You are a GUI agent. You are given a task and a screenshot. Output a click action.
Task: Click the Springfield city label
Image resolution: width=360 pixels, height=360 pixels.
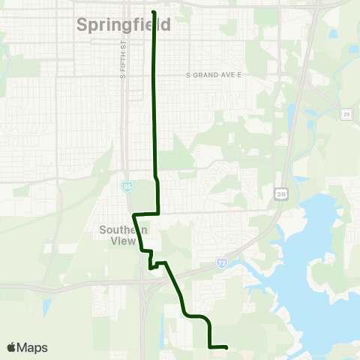pos(124,25)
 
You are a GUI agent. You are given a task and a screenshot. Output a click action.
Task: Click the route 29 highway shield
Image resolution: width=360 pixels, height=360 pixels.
pos(346,114)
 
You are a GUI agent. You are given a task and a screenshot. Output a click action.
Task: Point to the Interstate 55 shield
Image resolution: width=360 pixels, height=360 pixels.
pos(128,186)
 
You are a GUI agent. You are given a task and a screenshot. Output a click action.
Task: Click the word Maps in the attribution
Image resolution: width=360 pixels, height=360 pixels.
pos(32,347)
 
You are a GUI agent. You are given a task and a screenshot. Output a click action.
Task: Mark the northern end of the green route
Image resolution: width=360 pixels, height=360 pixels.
pos(154,12)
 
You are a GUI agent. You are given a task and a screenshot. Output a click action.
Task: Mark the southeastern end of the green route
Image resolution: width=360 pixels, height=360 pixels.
pos(226,346)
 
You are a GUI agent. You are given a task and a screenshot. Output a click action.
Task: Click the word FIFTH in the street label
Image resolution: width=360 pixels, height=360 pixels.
pos(121,64)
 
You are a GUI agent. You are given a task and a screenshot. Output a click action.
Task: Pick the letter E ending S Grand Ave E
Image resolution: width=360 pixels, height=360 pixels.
pos(244,75)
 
